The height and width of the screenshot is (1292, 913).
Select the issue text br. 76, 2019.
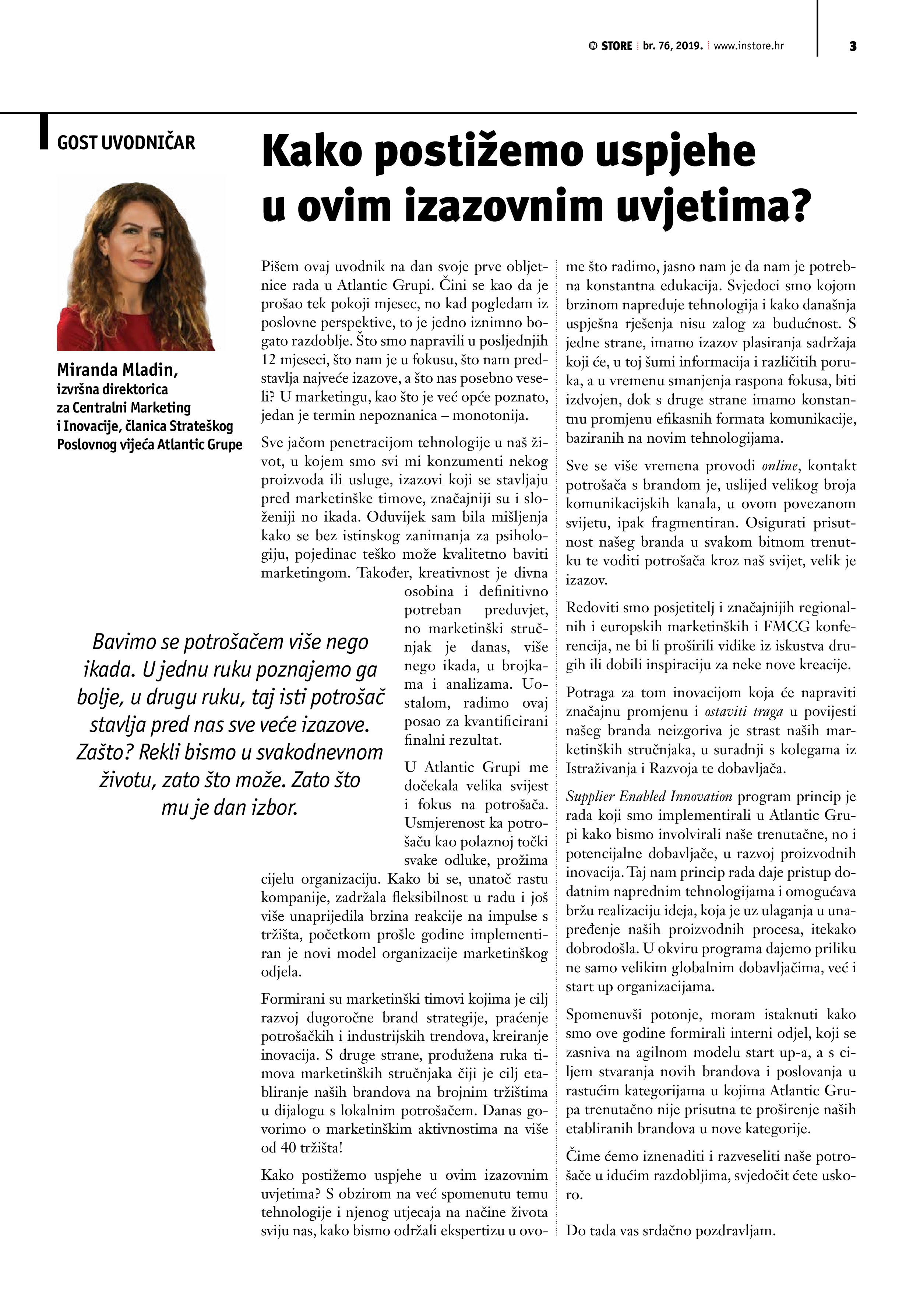coord(673,46)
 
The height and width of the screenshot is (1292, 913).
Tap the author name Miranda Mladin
coord(117,370)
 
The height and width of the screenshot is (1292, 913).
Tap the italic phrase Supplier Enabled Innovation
coord(649,796)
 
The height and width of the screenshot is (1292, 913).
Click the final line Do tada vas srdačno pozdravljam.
coord(670,1230)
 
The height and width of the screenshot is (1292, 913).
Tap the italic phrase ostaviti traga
coord(744,712)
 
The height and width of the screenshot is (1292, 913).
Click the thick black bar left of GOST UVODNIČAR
coord(44,132)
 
